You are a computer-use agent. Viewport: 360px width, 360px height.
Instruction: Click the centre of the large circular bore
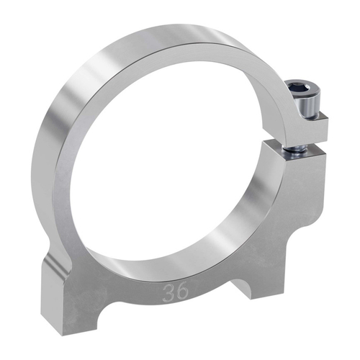(x=176, y=155)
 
